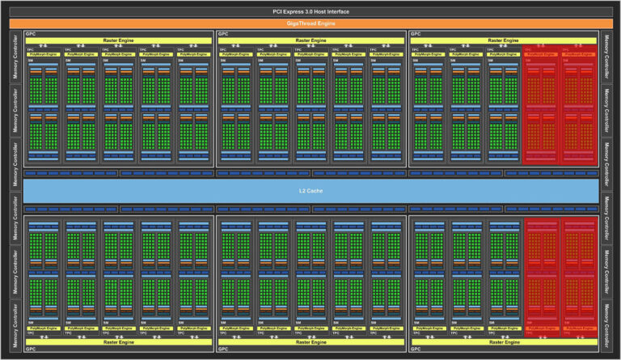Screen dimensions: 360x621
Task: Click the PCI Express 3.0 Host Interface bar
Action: click(310, 11)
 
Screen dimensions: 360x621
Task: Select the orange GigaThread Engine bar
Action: click(310, 23)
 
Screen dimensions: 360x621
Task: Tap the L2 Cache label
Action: click(310, 190)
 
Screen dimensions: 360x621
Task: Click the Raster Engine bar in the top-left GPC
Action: click(119, 40)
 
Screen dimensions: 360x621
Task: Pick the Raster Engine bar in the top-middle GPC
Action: click(310, 40)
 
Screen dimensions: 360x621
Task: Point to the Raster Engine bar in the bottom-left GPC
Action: click(119, 342)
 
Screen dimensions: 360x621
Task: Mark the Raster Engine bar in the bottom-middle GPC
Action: click(310, 342)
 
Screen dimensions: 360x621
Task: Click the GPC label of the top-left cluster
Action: click(30, 34)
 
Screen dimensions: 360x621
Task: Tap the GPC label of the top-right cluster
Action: click(415, 34)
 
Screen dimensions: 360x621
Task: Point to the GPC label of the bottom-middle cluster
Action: click(223, 349)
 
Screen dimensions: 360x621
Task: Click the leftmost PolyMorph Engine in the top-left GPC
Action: click(44, 53)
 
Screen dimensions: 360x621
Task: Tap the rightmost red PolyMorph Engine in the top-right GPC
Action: click(579, 53)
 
